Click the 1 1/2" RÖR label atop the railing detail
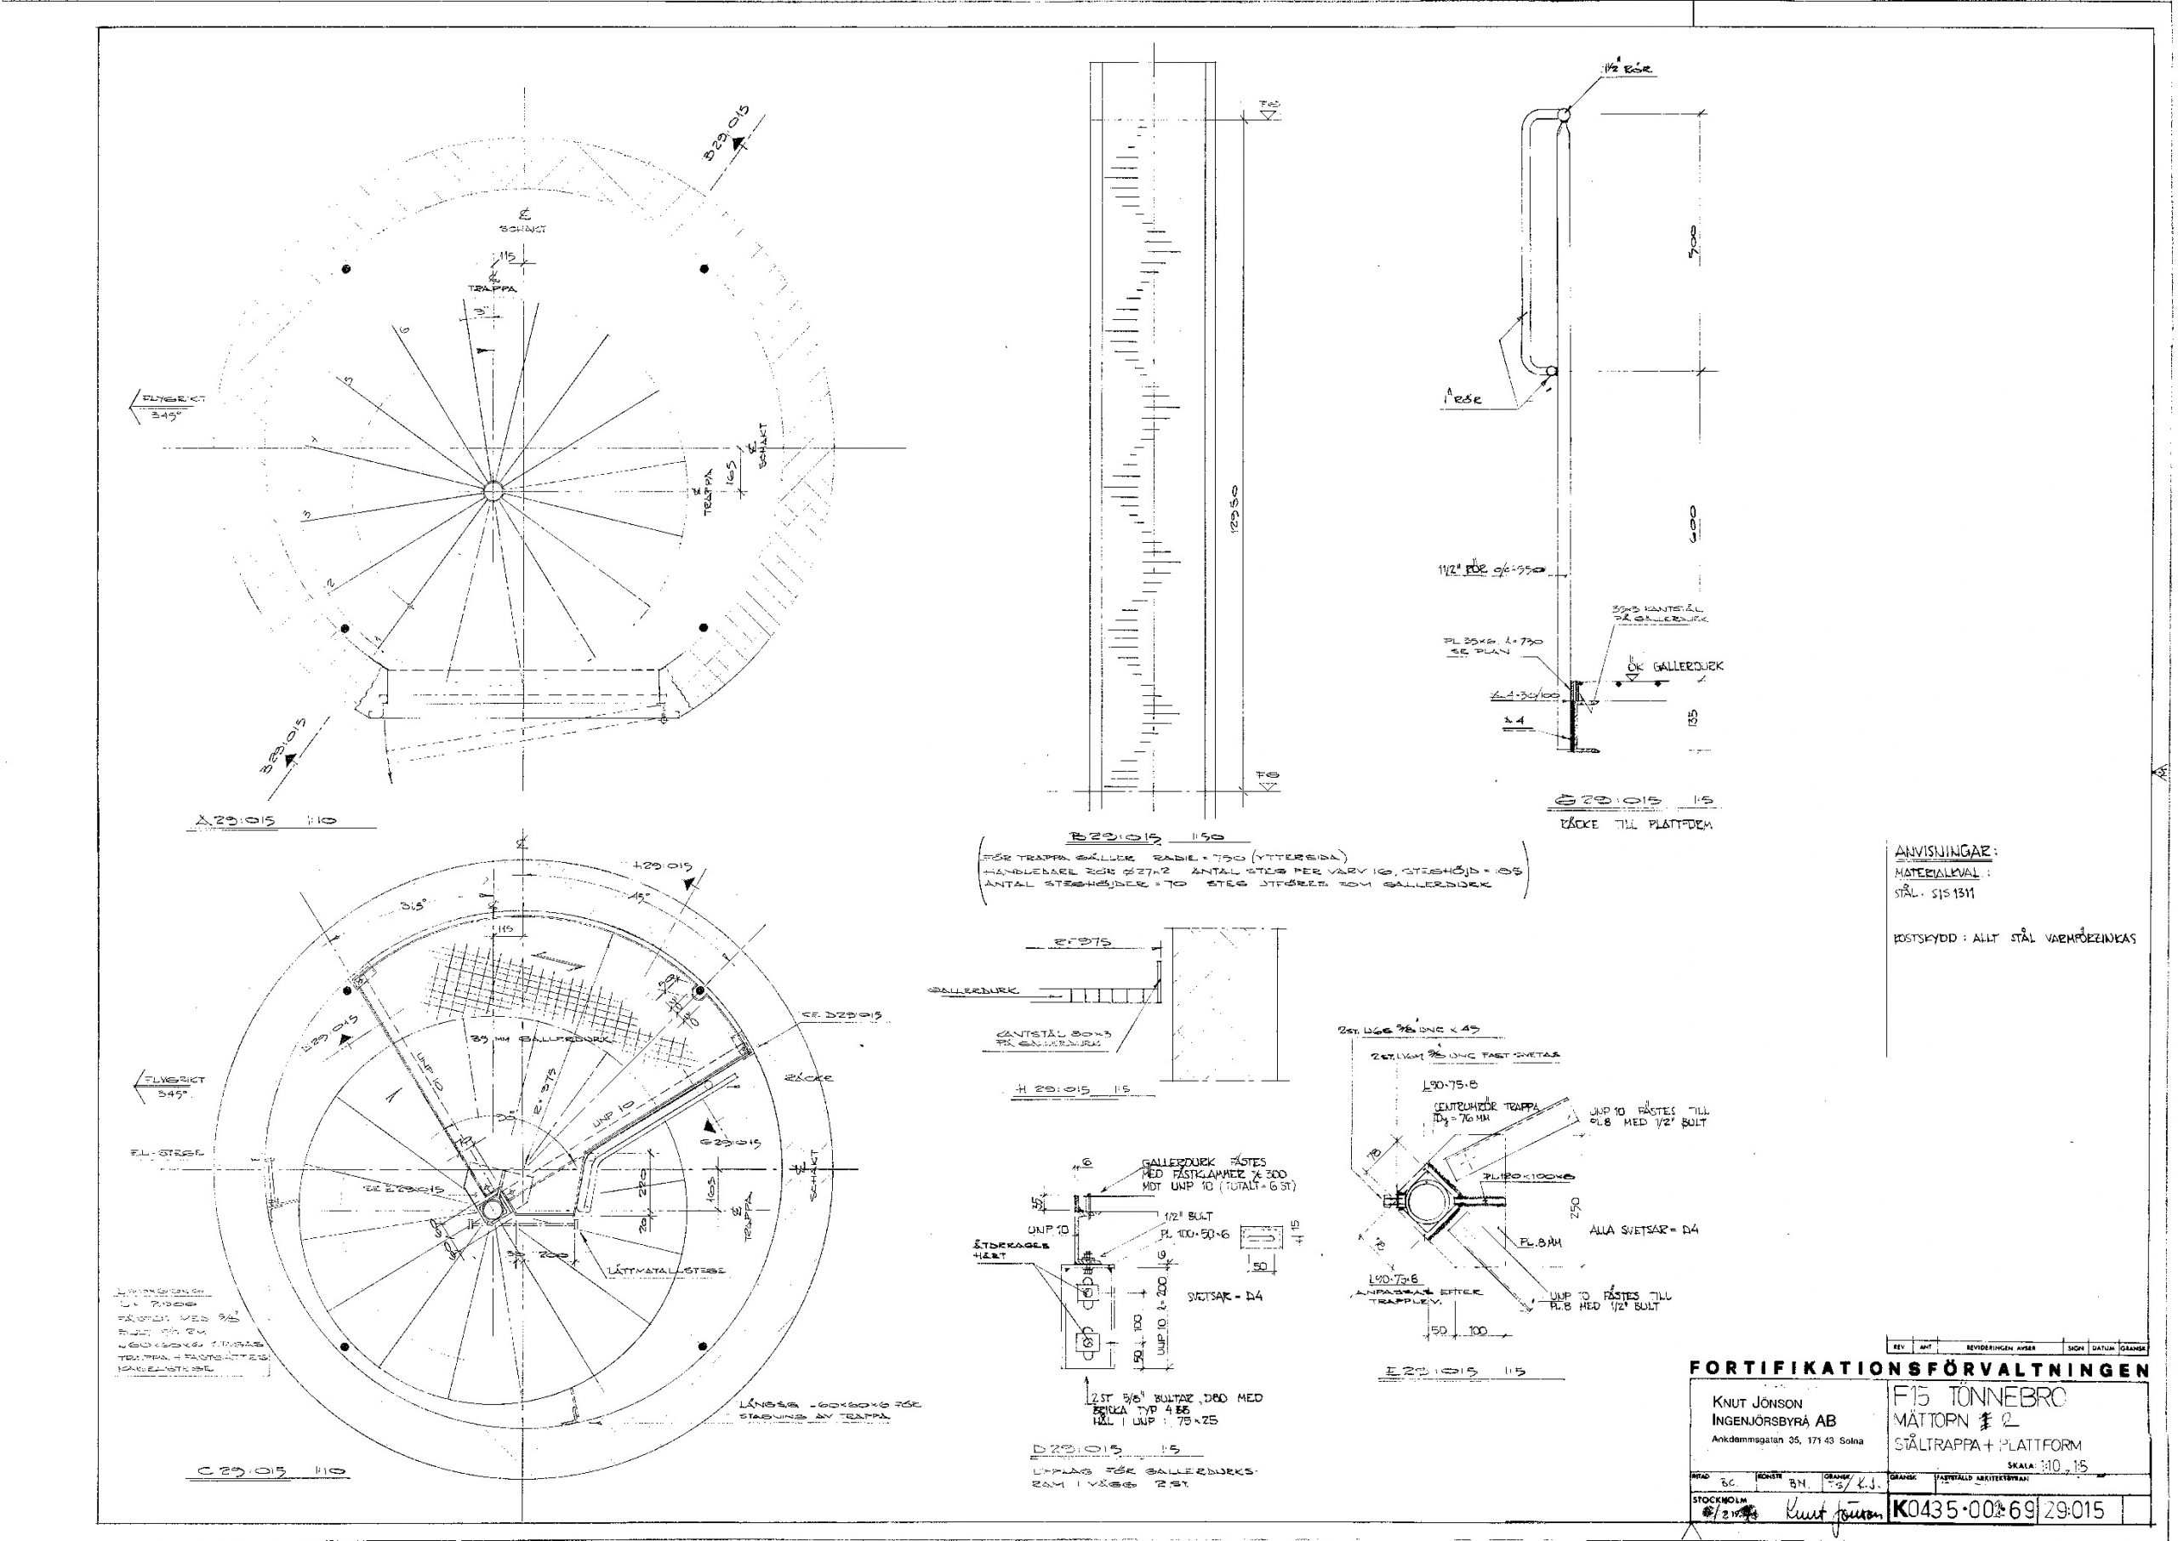(x=1628, y=69)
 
